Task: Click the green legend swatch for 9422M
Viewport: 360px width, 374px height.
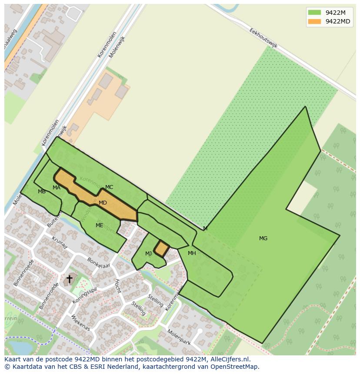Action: coord(314,12)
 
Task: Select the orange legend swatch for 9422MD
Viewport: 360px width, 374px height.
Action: coord(314,21)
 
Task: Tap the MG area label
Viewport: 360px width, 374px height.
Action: coord(263,238)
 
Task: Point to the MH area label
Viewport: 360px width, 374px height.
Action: coord(192,253)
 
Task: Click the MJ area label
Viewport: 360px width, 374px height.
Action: coord(149,254)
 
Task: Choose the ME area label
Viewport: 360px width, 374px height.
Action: coord(100,225)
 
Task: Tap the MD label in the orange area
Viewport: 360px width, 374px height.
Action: coord(103,203)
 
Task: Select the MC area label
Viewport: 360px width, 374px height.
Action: coord(109,187)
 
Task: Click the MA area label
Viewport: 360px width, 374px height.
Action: coord(57,188)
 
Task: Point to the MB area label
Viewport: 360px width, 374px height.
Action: coord(42,192)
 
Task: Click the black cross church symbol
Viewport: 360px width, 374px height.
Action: coord(69,278)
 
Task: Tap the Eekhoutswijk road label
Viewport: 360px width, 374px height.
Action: coord(263,38)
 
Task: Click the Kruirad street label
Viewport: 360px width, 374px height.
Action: coord(60,243)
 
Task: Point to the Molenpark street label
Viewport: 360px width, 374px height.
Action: coord(179,337)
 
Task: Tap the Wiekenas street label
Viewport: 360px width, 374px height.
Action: coord(80,323)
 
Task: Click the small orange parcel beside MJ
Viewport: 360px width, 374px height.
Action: coord(162,249)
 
